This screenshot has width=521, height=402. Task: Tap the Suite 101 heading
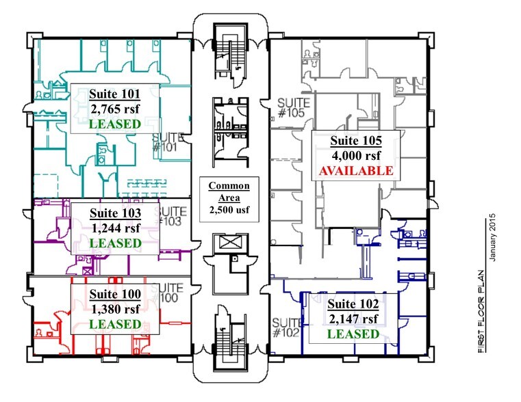coord(115,94)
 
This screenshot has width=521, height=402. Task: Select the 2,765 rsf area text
coord(115,109)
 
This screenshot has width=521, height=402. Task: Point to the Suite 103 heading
coord(115,213)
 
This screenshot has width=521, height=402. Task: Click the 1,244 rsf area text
coord(115,228)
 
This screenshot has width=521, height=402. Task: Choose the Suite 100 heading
coord(115,293)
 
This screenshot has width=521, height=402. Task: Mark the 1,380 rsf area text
coord(115,308)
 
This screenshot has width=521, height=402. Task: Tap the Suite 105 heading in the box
coord(355,140)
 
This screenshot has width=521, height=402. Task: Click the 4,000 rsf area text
coord(355,155)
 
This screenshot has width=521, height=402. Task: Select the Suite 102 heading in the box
coord(353,304)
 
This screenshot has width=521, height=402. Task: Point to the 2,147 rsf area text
coord(353,319)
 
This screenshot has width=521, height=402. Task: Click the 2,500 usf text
coord(229,210)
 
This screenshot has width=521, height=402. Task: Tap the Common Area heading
coord(229,191)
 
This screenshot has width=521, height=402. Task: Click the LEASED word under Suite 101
coord(115,124)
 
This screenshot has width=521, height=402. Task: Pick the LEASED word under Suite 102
coord(353,334)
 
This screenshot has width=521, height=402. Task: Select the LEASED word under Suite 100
coord(115,323)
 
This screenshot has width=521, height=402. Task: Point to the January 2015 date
coord(492,237)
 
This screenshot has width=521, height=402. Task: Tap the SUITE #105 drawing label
coord(293,108)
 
